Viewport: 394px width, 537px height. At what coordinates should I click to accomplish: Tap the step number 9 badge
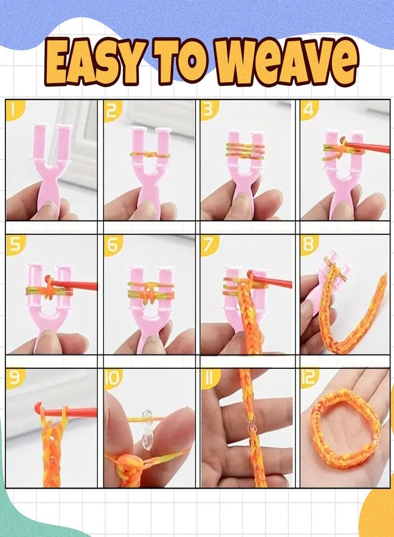14,378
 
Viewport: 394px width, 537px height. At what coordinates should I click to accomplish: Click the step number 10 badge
113,378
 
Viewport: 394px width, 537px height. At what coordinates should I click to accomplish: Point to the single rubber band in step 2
150,155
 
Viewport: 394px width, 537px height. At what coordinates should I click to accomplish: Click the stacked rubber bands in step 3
245,150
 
